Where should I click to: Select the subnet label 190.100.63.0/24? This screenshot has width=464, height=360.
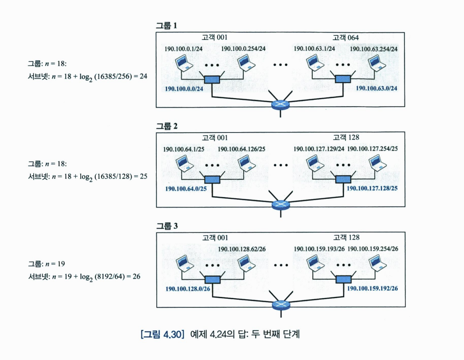click(x=376, y=88)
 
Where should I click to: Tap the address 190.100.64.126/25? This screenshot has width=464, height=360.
click(x=242, y=148)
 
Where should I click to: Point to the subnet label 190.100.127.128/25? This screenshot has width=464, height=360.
click(x=372, y=188)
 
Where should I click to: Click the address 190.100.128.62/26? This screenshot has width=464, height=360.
click(x=242, y=249)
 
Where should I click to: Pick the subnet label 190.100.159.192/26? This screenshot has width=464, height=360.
click(x=372, y=288)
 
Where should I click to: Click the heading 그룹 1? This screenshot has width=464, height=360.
click(x=167, y=26)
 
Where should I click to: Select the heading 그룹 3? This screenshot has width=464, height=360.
click(x=167, y=226)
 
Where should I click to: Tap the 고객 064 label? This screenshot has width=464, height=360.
click(x=346, y=37)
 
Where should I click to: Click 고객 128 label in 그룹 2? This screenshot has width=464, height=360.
click(x=346, y=137)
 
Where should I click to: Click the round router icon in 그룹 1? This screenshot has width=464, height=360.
click(x=280, y=104)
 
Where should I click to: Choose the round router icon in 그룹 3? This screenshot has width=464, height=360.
click(x=280, y=305)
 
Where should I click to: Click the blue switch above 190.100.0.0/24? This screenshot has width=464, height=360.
click(x=212, y=79)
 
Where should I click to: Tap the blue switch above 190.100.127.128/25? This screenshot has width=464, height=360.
click(x=343, y=179)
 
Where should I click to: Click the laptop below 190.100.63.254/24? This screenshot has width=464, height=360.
click(x=375, y=62)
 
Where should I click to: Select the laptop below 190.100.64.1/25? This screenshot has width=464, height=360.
click(x=183, y=162)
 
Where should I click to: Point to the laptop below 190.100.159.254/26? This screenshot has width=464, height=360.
click(x=375, y=262)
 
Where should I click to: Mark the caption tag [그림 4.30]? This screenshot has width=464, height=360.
click(x=162, y=335)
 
